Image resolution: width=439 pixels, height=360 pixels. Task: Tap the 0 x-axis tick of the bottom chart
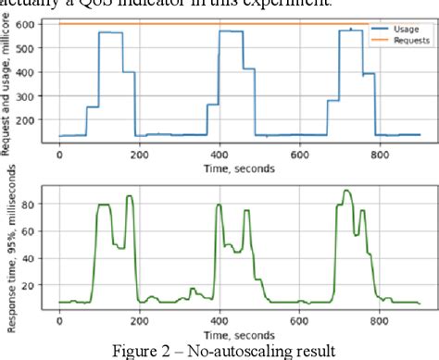(59, 319)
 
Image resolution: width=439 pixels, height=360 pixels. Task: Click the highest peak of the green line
(346, 191)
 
